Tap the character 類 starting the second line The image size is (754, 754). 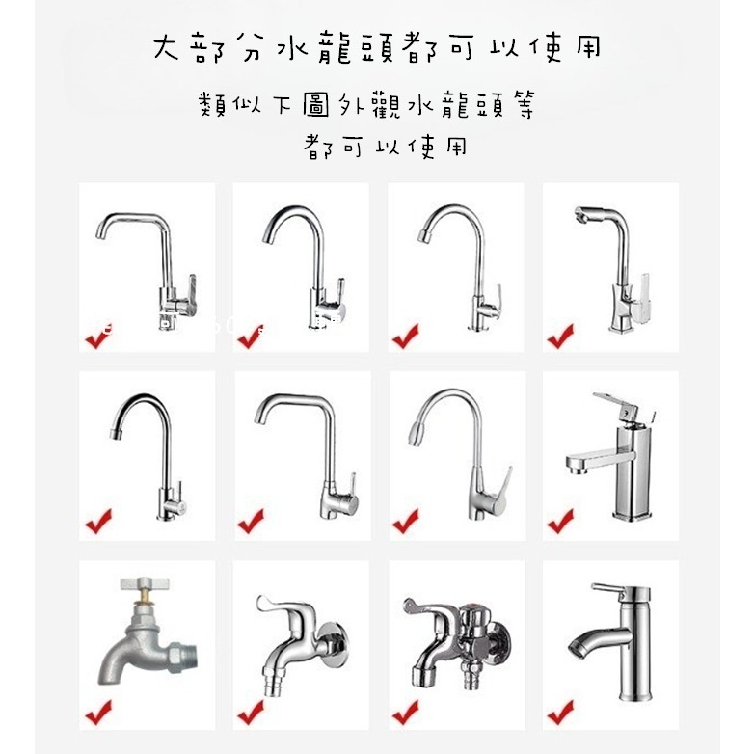[214, 105]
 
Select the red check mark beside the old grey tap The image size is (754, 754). [97, 714]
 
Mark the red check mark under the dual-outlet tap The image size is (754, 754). [405, 714]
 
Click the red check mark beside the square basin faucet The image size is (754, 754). [560, 522]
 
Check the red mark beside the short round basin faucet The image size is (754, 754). [560, 714]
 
